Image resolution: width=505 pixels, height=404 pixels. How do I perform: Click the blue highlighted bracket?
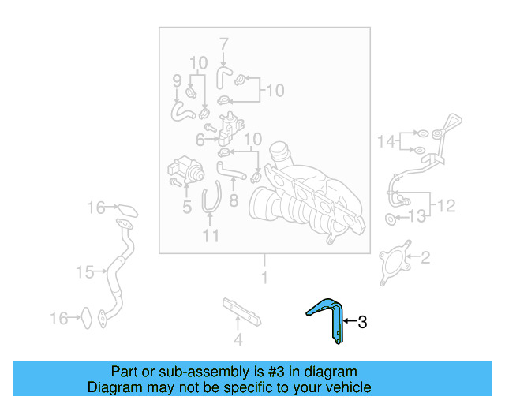pyautogui.click(x=331, y=315)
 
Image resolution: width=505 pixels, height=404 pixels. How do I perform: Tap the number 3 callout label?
pyautogui.click(x=362, y=322)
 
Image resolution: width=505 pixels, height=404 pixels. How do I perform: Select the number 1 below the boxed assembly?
pyautogui.click(x=264, y=278)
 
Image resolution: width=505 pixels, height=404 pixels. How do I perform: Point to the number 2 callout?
pyautogui.click(x=425, y=256)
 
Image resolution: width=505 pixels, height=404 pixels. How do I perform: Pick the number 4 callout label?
pyautogui.click(x=238, y=341)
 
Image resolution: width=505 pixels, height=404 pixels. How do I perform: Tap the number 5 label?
pyautogui.click(x=187, y=208)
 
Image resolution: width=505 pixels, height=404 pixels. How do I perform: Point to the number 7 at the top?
pyautogui.click(x=223, y=43)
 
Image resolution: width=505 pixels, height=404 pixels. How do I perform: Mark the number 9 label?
pyautogui.click(x=177, y=80)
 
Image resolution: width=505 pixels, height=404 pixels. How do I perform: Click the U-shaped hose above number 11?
pyautogui.click(x=211, y=198)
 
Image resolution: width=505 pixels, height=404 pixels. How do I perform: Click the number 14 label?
pyautogui.click(x=385, y=142)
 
